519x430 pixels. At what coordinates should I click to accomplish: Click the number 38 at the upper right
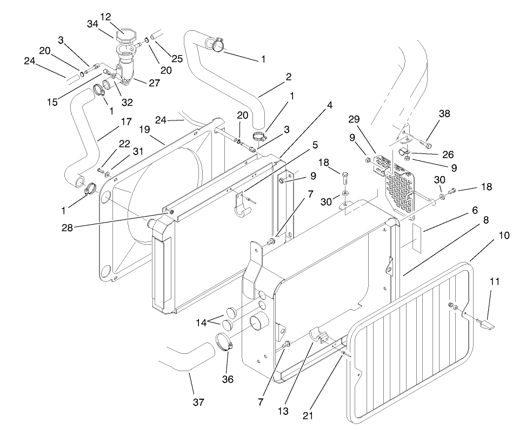point(444,113)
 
